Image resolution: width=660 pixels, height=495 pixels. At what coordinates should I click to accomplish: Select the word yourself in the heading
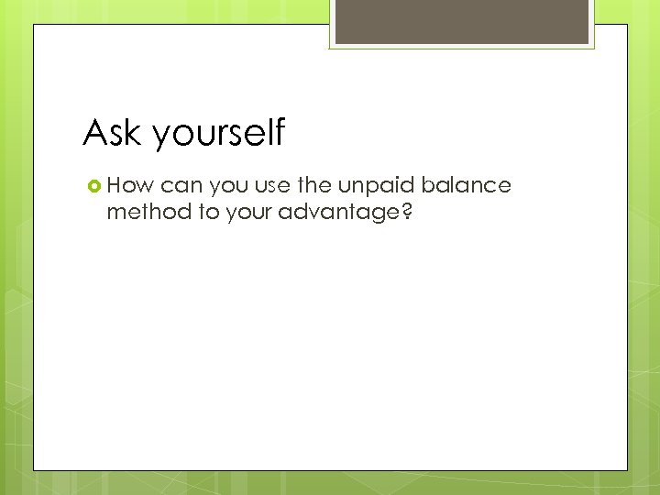(x=219, y=135)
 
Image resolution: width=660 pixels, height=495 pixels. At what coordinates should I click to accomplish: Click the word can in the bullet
(x=181, y=187)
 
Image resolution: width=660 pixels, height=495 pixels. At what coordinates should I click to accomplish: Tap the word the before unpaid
(x=316, y=185)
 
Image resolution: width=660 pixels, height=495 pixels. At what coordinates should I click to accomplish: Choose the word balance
(x=468, y=185)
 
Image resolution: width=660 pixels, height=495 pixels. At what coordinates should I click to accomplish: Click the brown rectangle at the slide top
(x=461, y=21)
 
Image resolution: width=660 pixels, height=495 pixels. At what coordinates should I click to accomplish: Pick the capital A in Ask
(x=94, y=133)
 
